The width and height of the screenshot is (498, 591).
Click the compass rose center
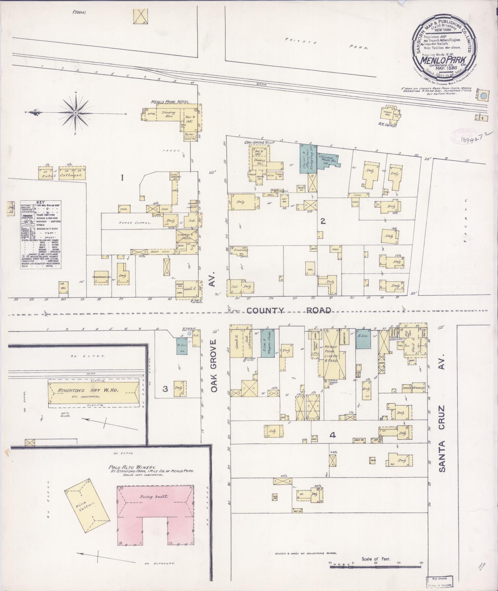pos(75,113)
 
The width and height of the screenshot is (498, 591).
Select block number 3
pos(165,389)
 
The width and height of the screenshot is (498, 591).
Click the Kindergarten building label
pos(102,277)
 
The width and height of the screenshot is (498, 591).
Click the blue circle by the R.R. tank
pos(484,96)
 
